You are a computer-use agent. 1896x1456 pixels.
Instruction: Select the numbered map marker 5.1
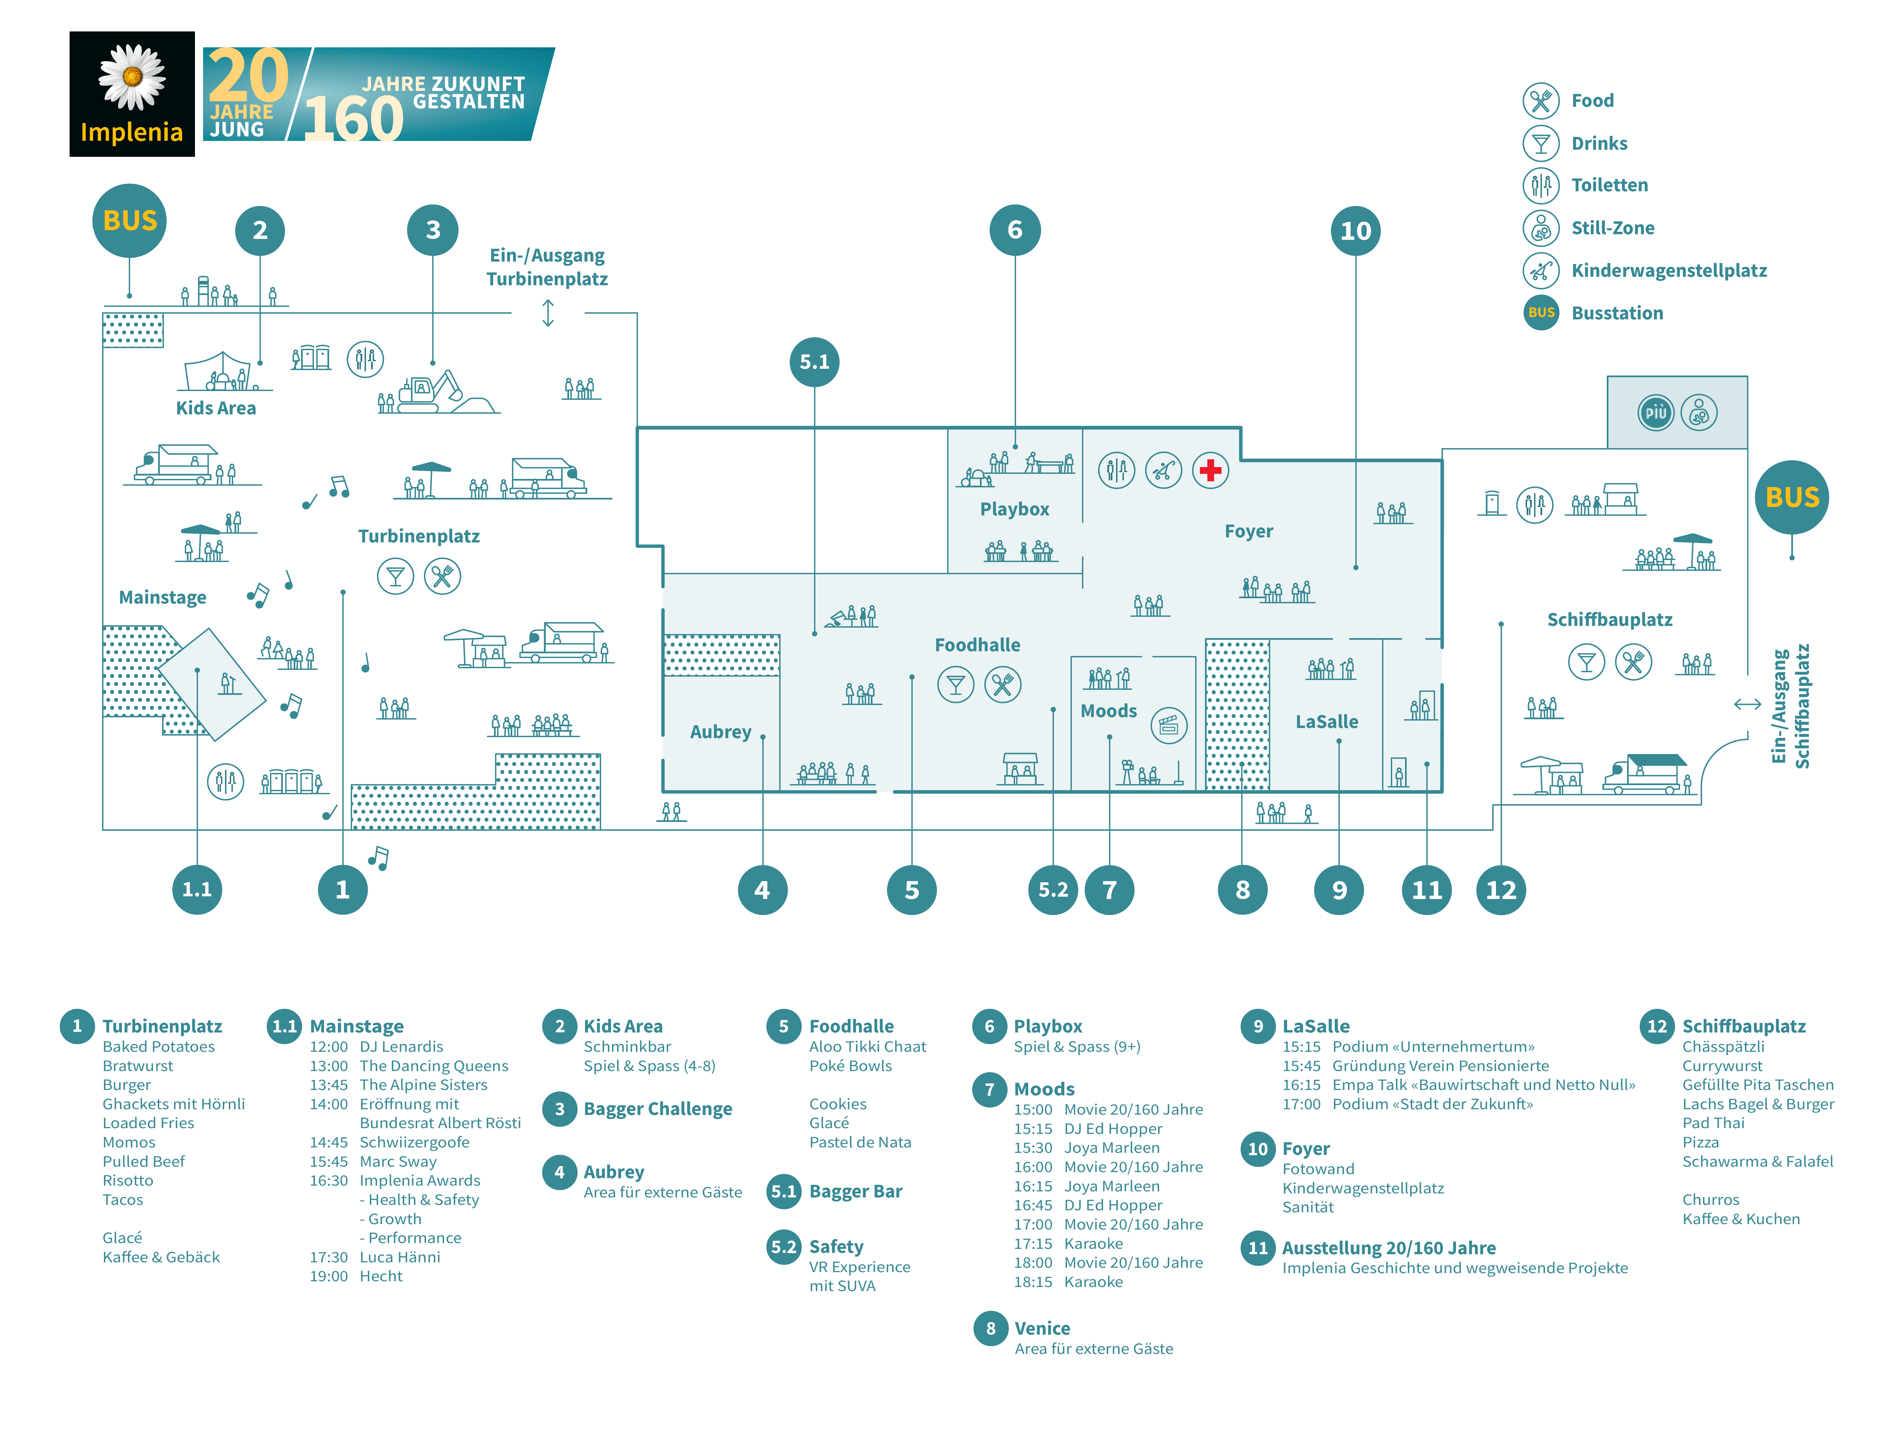(814, 361)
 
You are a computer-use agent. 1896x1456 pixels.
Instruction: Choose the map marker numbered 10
(1355, 230)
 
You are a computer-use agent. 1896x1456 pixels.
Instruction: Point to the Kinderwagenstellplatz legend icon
(1541, 270)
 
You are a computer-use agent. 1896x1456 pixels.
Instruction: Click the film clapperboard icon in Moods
(1168, 725)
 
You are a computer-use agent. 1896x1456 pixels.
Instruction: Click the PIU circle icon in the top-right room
(1655, 413)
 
